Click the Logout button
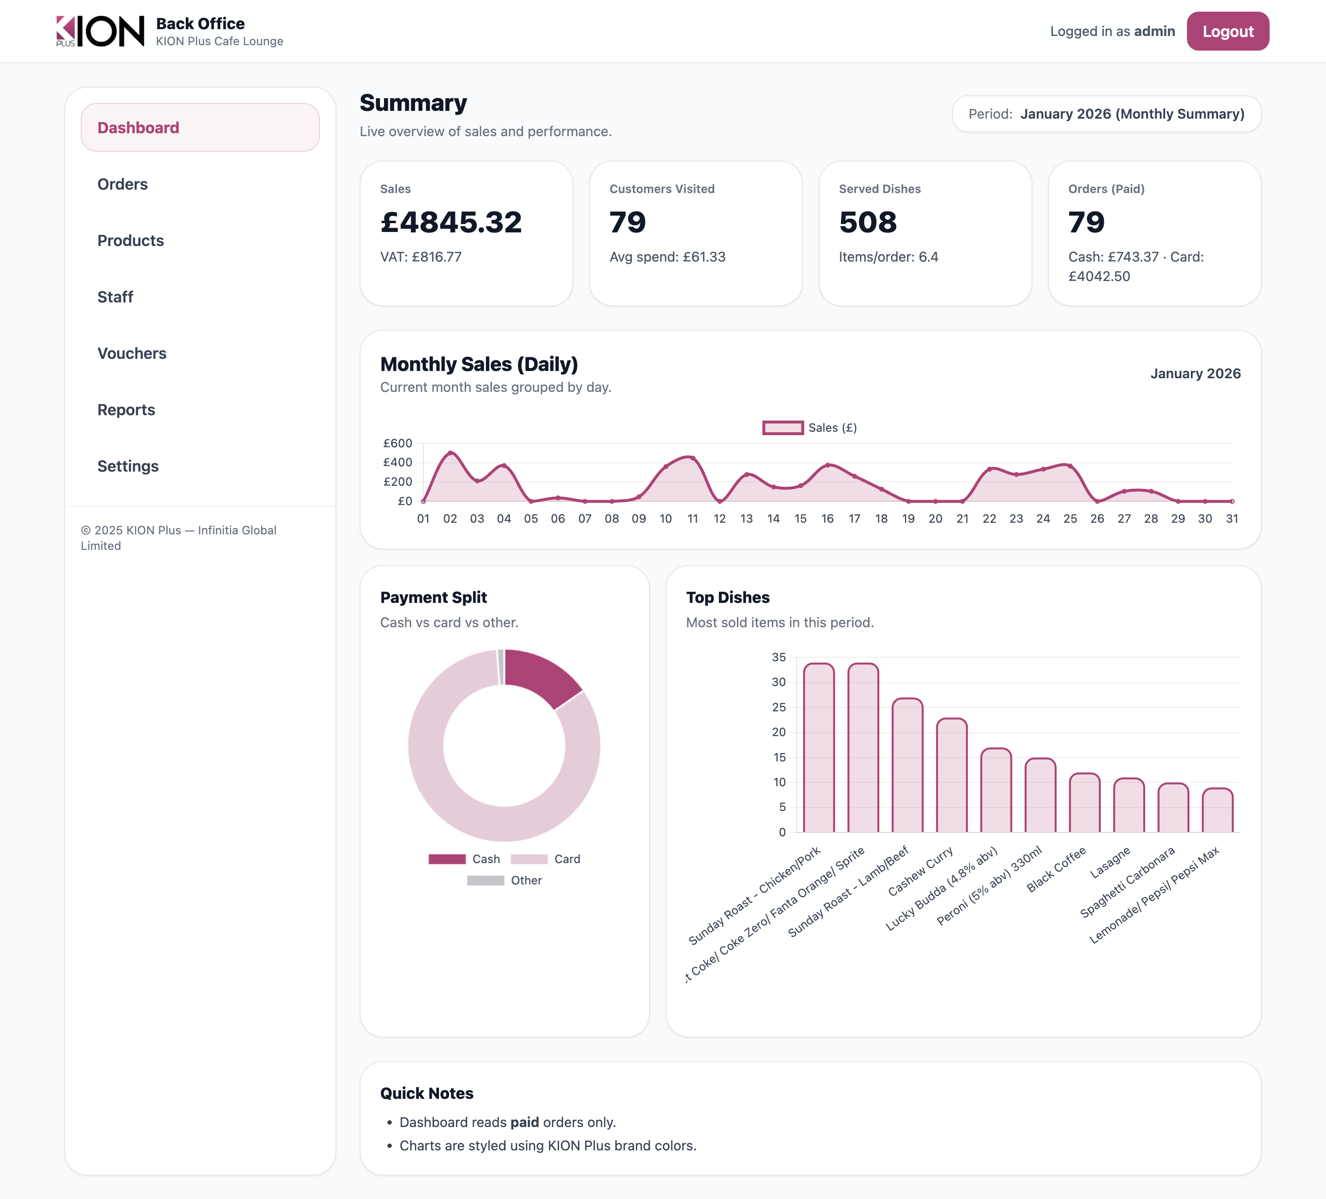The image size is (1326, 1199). click(x=1227, y=31)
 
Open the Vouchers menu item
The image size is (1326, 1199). click(x=132, y=353)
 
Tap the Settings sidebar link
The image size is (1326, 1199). click(x=128, y=466)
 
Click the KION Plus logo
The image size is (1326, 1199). click(x=100, y=31)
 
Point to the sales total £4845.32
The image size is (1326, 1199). click(x=451, y=222)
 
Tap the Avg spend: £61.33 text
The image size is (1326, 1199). click(x=667, y=257)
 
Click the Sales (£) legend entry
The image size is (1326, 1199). click(x=810, y=428)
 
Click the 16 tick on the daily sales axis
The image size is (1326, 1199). click(x=827, y=519)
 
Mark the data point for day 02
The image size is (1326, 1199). click(x=451, y=453)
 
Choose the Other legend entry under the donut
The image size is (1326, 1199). click(x=505, y=881)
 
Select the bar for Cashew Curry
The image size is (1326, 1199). click(x=951, y=776)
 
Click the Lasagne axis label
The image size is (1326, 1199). click(x=1110, y=863)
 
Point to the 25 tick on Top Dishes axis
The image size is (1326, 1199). click(x=779, y=707)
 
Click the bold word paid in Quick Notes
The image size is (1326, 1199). click(x=524, y=1122)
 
